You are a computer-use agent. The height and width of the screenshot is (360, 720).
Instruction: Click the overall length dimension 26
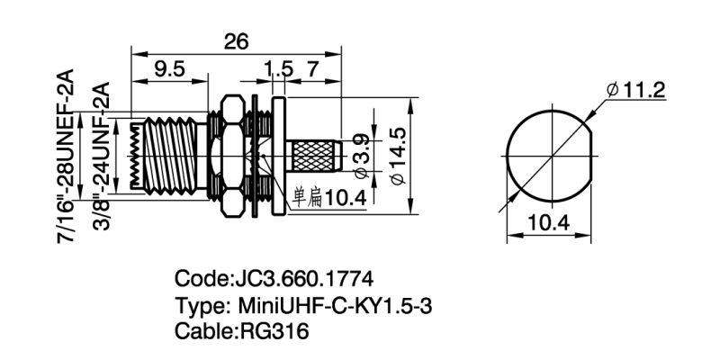pyautogui.click(x=236, y=41)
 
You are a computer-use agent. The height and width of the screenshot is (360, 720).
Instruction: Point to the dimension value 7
pyautogui.click(x=311, y=70)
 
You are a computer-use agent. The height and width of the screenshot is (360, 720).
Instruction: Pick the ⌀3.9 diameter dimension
pyautogui.click(x=359, y=150)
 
